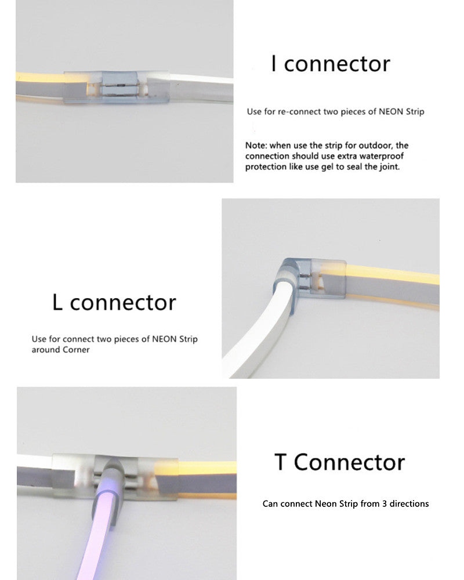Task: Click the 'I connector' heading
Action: pyautogui.click(x=331, y=63)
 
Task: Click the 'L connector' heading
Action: pyautogui.click(x=114, y=302)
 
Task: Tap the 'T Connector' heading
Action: pyautogui.click(x=339, y=462)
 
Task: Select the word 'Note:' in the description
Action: pyautogui.click(x=255, y=146)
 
